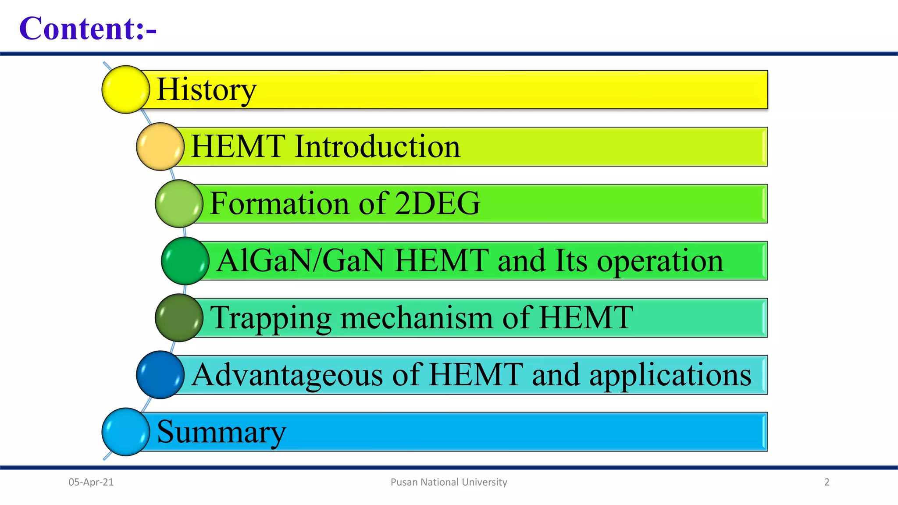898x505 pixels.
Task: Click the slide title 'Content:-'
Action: click(x=88, y=28)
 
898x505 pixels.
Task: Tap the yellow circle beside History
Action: click(x=126, y=89)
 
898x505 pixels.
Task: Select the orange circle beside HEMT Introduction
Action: click(x=160, y=146)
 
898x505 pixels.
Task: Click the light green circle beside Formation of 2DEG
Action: click(x=179, y=203)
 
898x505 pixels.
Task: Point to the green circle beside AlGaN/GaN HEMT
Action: click(x=185, y=261)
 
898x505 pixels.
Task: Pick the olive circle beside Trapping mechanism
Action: click(x=179, y=318)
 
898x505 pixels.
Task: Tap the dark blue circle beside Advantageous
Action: click(x=160, y=375)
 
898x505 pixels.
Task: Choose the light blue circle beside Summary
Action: click(x=126, y=432)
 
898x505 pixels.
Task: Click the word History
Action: click(x=206, y=89)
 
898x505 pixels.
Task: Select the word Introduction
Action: click(x=377, y=146)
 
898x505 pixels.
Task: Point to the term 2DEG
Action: click(x=437, y=203)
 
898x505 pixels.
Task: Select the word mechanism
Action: click(x=416, y=318)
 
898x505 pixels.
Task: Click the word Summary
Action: click(x=221, y=432)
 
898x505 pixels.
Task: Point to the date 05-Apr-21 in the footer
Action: click(x=91, y=482)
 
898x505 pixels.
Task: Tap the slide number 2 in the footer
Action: click(x=827, y=482)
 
